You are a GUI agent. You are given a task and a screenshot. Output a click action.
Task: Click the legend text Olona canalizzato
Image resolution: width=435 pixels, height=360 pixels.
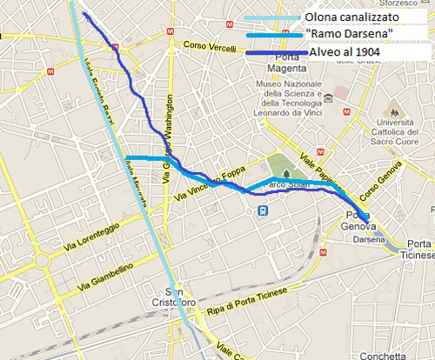[351, 17]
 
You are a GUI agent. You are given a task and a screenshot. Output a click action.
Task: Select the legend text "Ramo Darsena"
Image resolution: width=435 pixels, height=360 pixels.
[349, 34]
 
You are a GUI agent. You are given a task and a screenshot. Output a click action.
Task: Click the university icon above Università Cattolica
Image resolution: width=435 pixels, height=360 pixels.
[396, 111]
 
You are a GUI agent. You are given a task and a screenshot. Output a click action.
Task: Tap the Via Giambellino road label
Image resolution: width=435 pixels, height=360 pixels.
[107, 272]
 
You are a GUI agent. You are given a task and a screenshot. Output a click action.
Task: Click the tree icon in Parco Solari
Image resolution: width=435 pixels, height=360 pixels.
[286, 175]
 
